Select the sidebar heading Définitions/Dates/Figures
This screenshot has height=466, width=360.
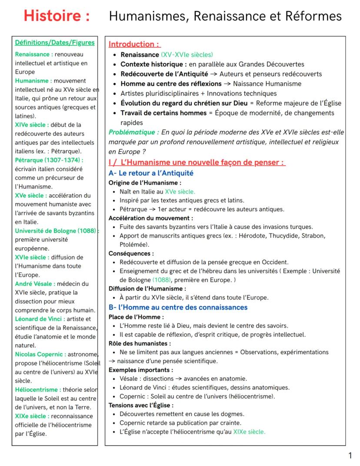coord(55,43)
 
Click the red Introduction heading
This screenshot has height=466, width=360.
coord(134,44)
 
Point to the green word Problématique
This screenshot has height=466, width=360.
coord(133,132)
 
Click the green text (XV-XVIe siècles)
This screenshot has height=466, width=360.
coord(187,55)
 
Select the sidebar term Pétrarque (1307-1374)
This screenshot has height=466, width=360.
coord(49,160)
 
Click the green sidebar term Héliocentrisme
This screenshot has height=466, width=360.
coord(37,389)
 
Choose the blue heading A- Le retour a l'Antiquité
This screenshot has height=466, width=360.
coord(151,173)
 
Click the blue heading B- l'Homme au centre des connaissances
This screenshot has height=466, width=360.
coord(178,308)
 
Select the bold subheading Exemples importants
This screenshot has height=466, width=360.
coord(140,370)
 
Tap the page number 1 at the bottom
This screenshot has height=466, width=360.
coord(350,456)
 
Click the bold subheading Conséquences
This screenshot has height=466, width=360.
coord(131,253)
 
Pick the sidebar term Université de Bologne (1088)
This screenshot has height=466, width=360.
coord(56,231)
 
